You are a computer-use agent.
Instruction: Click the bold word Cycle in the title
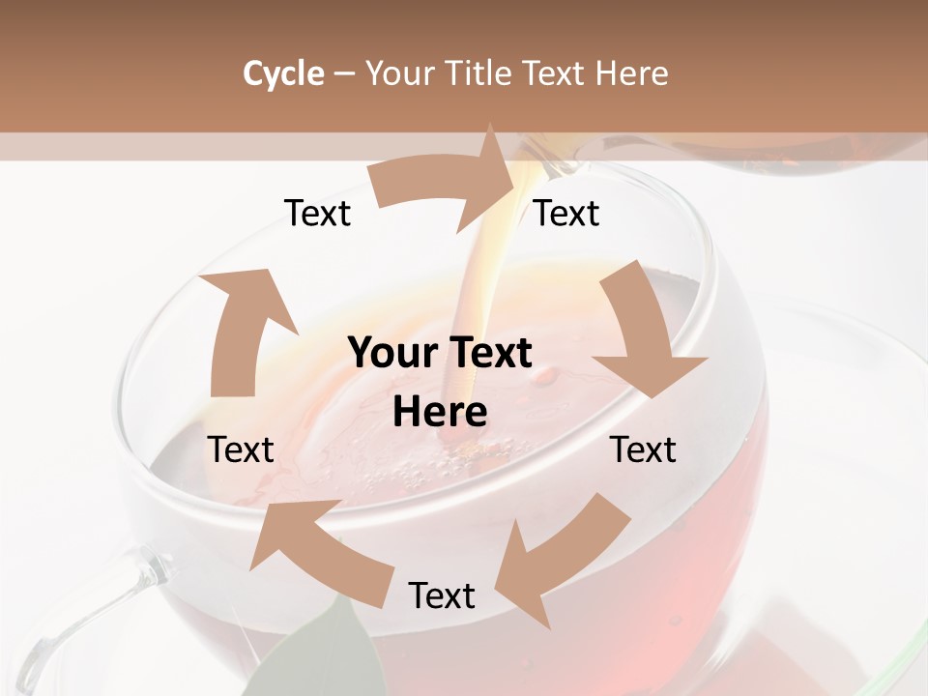pyautogui.click(x=282, y=73)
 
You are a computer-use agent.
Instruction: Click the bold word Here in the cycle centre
pyautogui.click(x=440, y=413)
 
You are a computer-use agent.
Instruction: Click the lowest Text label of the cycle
pyautogui.click(x=442, y=596)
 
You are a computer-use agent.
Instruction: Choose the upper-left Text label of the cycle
pyautogui.click(x=317, y=214)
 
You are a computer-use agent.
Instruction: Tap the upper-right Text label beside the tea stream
pyautogui.click(x=566, y=214)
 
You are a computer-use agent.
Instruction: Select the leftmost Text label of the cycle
pyautogui.click(x=241, y=449)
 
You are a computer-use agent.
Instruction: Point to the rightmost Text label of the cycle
pyautogui.click(x=643, y=449)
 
